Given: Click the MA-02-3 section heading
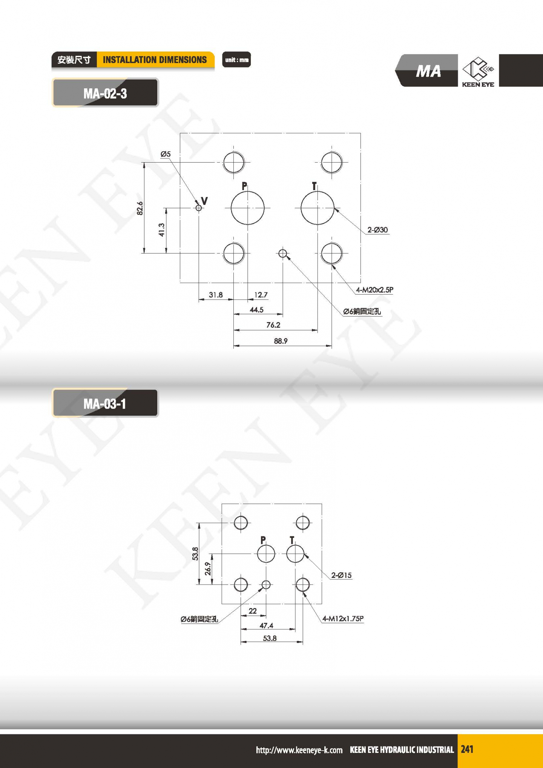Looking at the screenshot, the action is pos(105,93).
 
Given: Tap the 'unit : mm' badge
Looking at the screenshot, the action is pos(236,60).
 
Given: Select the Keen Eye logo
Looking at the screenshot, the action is pos(478,71).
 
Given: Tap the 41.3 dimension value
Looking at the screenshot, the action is pos(162,230).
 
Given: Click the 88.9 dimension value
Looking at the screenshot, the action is pos(281,341).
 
